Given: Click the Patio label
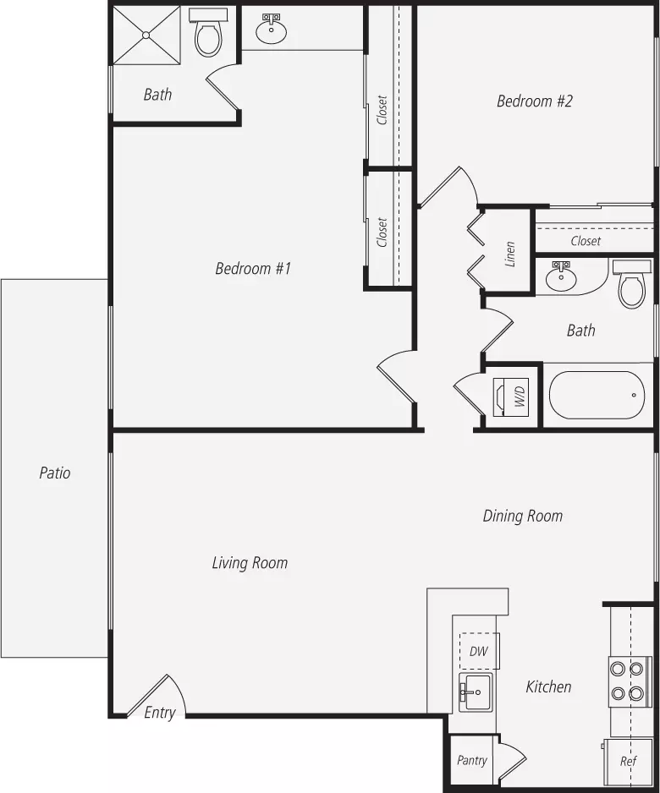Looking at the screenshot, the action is (55, 473).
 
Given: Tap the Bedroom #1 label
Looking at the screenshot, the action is (253, 268).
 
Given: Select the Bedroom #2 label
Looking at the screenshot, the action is (535, 101).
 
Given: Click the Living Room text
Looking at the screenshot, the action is (250, 562).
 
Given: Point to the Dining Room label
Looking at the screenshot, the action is (523, 516).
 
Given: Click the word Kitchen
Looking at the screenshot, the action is (548, 686).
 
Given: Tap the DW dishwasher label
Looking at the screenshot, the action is (478, 651).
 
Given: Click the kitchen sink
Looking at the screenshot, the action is (476, 692).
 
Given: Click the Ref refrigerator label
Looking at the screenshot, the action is (628, 761).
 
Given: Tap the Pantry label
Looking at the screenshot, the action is (471, 760).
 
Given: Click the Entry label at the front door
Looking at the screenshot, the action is (159, 713).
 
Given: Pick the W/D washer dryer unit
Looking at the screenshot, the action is (511, 397).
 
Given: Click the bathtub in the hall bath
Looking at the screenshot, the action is (597, 396).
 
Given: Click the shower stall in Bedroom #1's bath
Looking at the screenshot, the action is (146, 35).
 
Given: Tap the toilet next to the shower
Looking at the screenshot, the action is (208, 33).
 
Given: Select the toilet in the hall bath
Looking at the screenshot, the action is (632, 285).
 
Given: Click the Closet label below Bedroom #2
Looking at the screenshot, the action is (586, 241).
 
